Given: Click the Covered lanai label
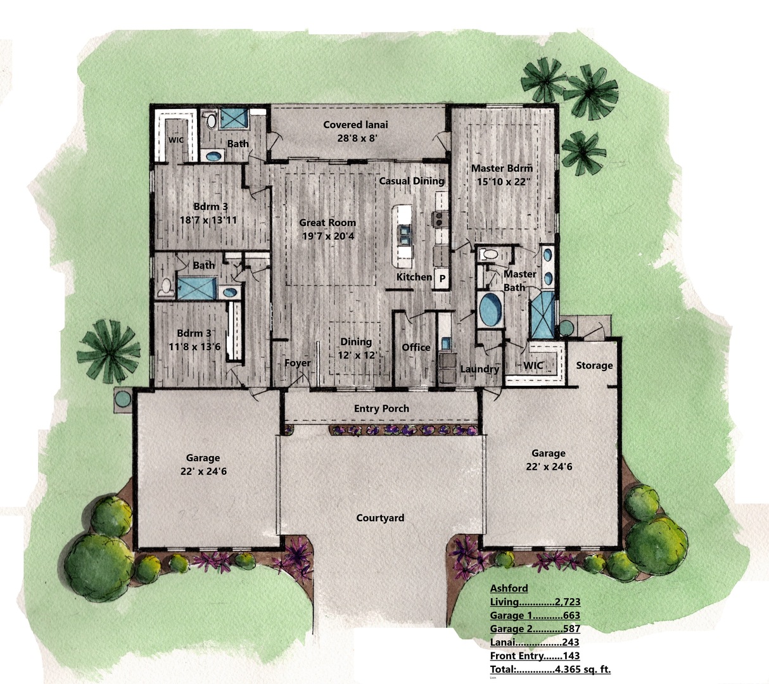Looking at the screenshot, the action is click(x=355, y=125).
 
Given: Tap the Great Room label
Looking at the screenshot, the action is click(x=327, y=223).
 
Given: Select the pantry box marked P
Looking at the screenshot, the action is click(x=442, y=279).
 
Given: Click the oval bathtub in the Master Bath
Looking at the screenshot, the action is click(x=490, y=309).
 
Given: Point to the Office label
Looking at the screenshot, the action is click(x=416, y=347).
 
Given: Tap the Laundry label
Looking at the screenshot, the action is click(x=480, y=369).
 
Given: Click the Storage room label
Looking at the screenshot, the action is click(x=594, y=365).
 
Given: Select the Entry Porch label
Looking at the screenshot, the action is click(x=381, y=408).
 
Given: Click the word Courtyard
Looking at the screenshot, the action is click(x=380, y=517).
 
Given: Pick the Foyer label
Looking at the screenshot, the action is click(x=298, y=364).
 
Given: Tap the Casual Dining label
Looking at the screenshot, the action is click(x=412, y=181).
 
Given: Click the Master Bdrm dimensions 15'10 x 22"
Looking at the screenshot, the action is click(x=504, y=182).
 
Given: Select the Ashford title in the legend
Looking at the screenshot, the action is click(x=509, y=588).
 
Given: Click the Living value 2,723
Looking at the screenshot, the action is click(x=568, y=602).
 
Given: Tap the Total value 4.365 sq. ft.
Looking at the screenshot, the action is click(x=583, y=669).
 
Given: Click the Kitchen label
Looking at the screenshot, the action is click(x=414, y=277).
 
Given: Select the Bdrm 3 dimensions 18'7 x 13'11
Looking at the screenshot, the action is click(x=208, y=220).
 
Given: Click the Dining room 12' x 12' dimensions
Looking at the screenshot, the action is click(x=357, y=355).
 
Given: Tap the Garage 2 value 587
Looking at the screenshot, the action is click(x=571, y=628).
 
